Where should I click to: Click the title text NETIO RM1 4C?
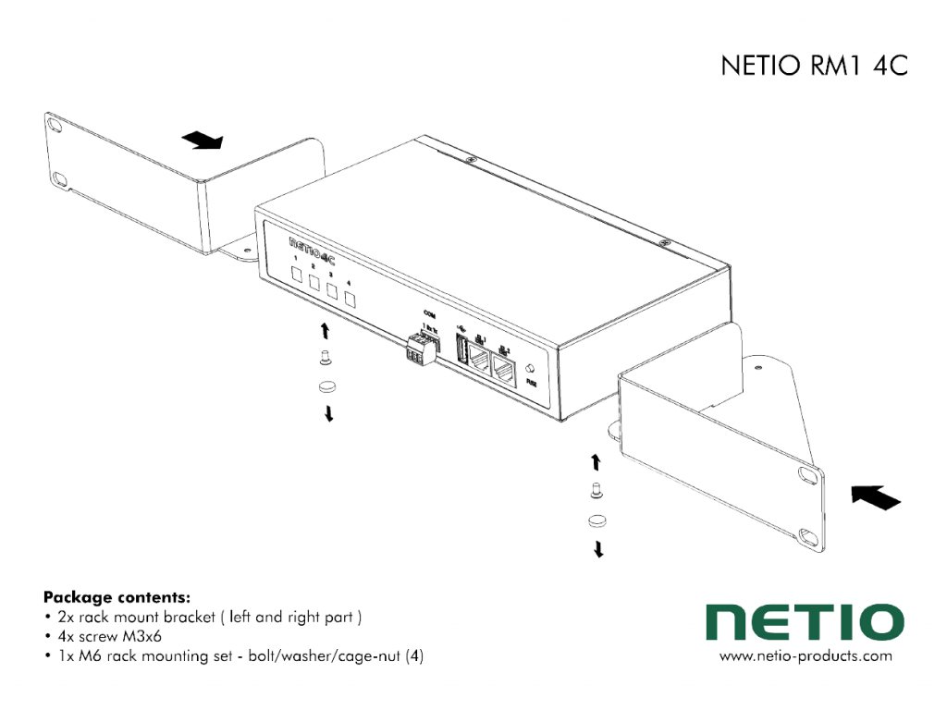[x=814, y=67]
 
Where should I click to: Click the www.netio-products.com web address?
[x=806, y=656]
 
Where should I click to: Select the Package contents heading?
[x=117, y=597]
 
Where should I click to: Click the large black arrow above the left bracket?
[x=203, y=140]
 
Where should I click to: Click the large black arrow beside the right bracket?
[x=874, y=499]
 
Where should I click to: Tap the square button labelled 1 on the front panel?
[x=297, y=275]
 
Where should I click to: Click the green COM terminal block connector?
[x=420, y=349]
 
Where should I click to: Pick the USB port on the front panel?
[x=461, y=354]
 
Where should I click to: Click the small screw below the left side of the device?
[x=325, y=359]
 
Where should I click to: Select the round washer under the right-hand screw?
[x=596, y=520]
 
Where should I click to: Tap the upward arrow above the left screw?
[x=325, y=330]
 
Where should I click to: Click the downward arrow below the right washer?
[x=598, y=550]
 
